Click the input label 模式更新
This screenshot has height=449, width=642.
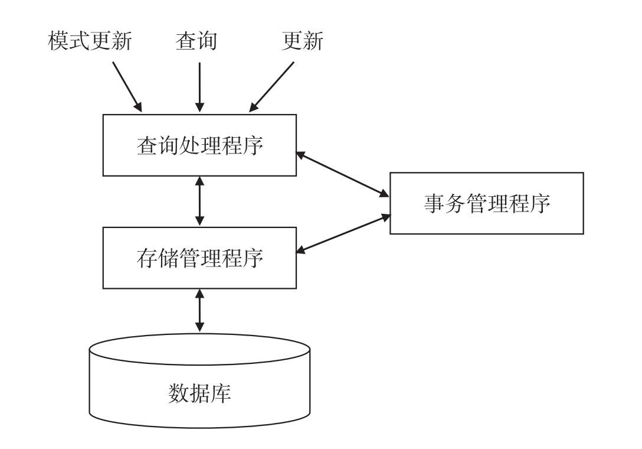pos(90,41)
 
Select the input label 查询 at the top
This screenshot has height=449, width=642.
pos(196,41)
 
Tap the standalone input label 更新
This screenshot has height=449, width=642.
pos(302,41)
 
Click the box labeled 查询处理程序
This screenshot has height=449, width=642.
pos(199,145)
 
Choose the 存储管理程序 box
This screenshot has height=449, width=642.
pos(199,258)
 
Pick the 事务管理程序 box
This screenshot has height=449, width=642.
pos(486,203)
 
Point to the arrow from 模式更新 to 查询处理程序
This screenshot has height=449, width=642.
pos(127,86)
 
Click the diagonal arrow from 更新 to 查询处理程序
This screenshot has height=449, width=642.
pos(271,86)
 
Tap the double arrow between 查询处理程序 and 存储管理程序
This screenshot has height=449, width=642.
pos(199,201)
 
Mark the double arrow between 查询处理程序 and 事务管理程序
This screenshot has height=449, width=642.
pos(343,174)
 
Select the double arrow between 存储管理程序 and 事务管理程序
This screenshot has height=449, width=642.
pos(343,234)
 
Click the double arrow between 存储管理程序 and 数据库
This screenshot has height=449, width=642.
pos(199,310)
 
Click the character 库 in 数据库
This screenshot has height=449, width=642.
pos(221,393)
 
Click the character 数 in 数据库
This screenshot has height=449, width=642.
pos(178,393)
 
